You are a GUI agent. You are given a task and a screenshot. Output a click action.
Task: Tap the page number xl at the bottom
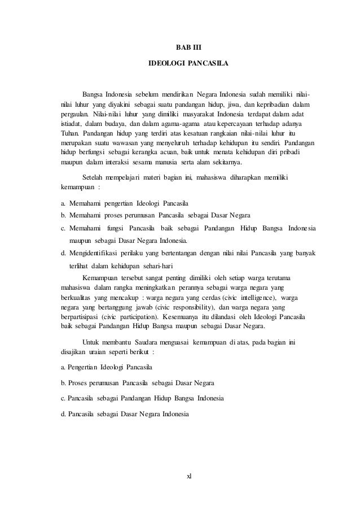coord(189,475)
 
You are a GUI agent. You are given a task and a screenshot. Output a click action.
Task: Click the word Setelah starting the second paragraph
coord(95,177)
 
